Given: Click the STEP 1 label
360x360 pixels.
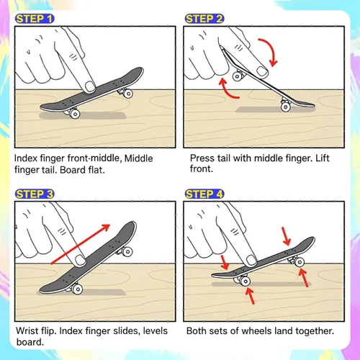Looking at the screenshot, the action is point(35,19).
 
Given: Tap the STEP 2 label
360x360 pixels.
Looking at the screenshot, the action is point(204,19).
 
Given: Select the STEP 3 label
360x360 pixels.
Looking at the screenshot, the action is point(35,194).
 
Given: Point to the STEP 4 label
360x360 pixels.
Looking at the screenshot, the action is point(204,194).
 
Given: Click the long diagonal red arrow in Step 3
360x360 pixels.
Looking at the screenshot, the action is point(81,244).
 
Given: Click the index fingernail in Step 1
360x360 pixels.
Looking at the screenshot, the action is point(90,86).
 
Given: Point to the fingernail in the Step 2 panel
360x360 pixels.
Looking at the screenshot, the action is point(262,71).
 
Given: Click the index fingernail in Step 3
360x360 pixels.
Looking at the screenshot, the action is point(80,260).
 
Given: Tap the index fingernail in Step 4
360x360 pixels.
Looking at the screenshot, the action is point(251,261).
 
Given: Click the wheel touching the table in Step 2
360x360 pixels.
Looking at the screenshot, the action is point(286,107).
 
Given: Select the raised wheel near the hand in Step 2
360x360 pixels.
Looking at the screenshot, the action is point(237,76).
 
